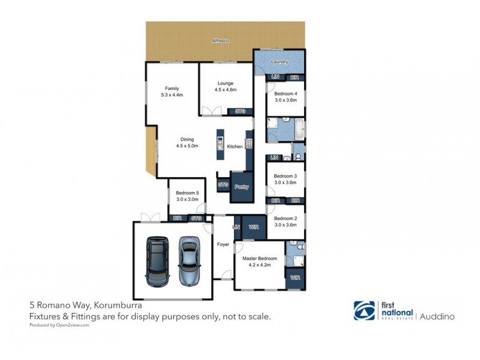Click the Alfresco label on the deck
(221, 40)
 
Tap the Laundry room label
(279, 62)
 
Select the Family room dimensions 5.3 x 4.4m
(172, 95)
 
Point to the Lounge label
(226, 83)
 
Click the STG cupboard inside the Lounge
(240, 111)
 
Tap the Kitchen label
(235, 146)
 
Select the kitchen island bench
(220, 144)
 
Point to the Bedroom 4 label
(286, 94)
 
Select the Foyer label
(223, 244)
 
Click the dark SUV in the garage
(158, 260)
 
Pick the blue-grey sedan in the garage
(189, 260)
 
